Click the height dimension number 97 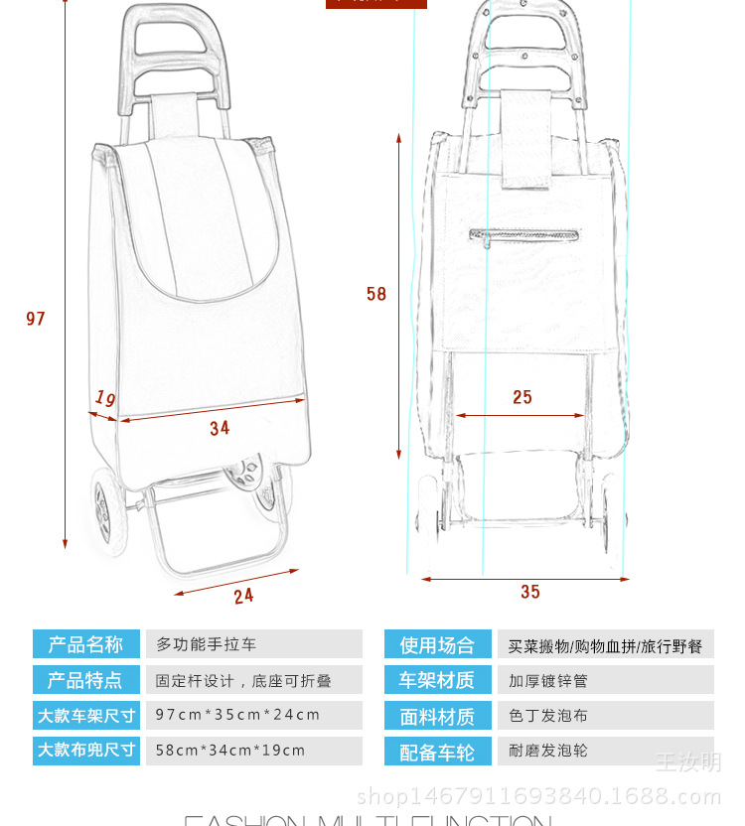tap(36, 319)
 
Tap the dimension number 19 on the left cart tap(105, 398)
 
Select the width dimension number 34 tap(220, 428)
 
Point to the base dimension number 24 tap(243, 596)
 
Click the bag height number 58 tap(376, 294)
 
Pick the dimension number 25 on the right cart tap(522, 397)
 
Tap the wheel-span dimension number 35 tap(530, 592)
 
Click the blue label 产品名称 tap(86, 644)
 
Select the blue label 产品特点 tap(86, 680)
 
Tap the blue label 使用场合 tap(437, 645)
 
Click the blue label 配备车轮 tap(437, 753)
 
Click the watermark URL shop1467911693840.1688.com tap(538, 795)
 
